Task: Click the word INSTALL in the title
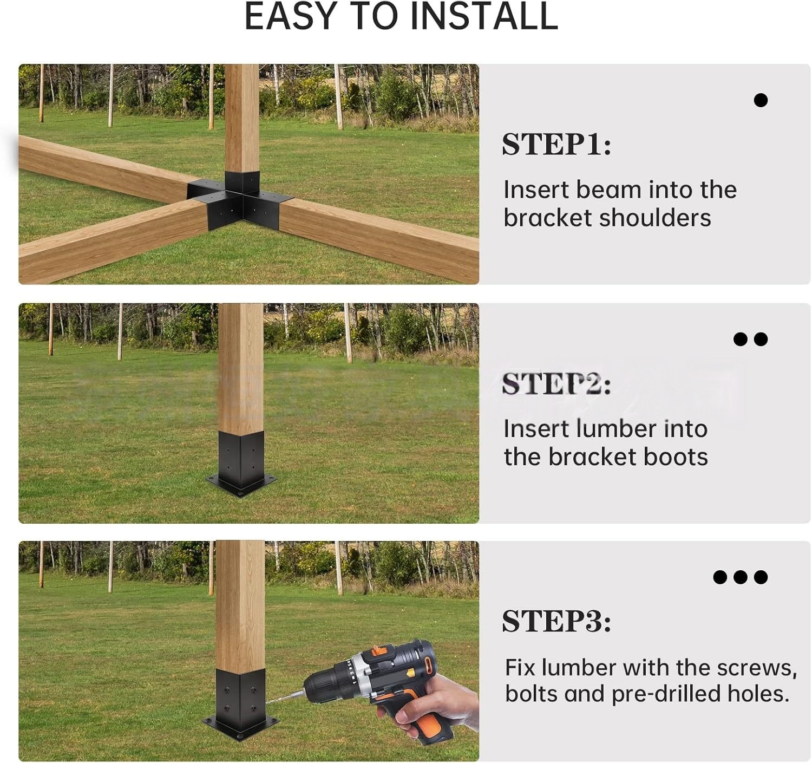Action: [x=484, y=16]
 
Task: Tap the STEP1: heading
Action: [x=556, y=145]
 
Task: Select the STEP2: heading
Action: [x=556, y=384]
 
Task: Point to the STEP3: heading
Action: [x=556, y=621]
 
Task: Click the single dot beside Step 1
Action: [x=761, y=100]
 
